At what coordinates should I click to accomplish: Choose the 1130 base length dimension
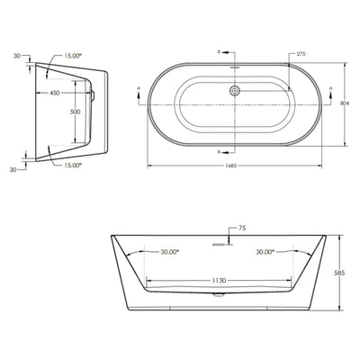pyautogui.click(x=219, y=280)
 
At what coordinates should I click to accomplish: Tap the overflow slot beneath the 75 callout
pyautogui.click(x=219, y=241)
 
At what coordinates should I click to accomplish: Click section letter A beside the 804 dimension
pyautogui.click(x=332, y=88)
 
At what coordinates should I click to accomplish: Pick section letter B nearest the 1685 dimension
pyautogui.click(x=220, y=152)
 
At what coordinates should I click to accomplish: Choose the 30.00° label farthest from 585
pyautogui.click(x=163, y=252)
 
